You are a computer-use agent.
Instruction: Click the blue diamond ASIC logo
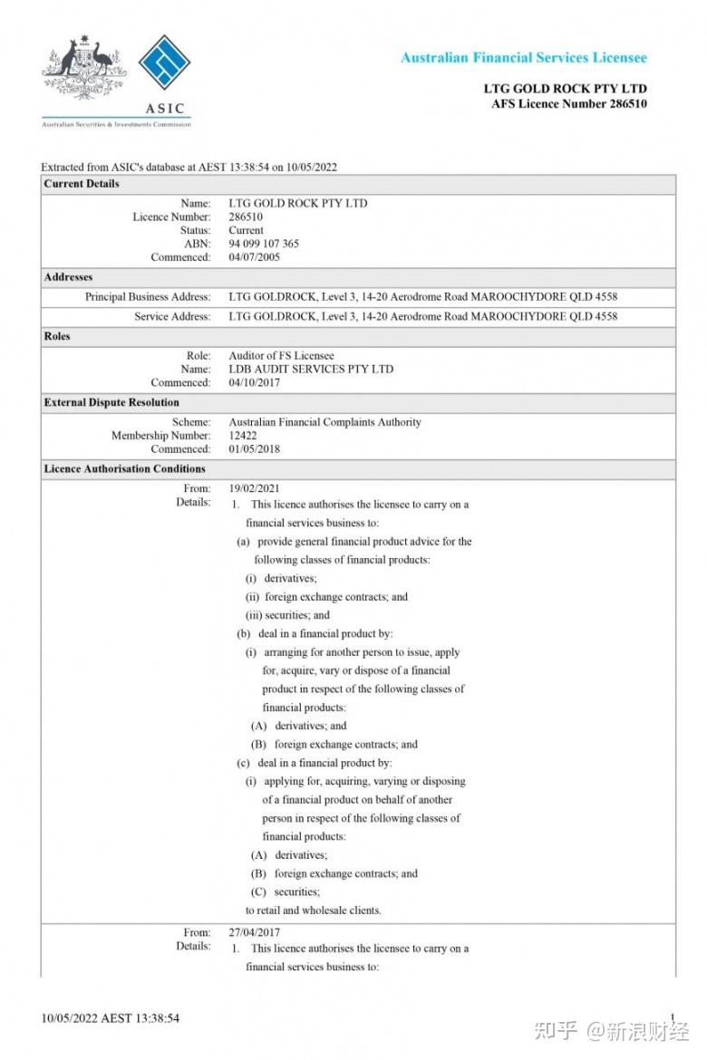[x=164, y=67]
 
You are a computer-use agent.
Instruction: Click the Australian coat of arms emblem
[x=84, y=67]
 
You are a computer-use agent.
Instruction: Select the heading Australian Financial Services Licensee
[x=524, y=57]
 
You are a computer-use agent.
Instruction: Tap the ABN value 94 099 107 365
[x=264, y=244]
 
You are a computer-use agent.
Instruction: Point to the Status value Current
[x=247, y=230]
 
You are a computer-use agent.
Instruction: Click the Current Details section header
[x=82, y=184]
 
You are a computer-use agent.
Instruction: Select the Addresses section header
[x=68, y=277]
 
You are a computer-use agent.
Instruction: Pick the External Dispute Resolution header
[x=111, y=402]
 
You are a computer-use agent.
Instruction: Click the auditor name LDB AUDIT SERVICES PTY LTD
[x=311, y=369]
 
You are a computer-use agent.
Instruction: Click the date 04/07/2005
[x=255, y=257]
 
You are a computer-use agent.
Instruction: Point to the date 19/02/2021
[x=255, y=488]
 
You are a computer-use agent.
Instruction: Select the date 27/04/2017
[x=255, y=932]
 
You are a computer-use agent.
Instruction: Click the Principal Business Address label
[x=148, y=297]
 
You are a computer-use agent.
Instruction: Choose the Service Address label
[x=172, y=317]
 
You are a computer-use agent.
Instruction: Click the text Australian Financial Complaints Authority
[x=324, y=422]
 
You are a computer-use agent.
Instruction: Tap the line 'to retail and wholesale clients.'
[x=314, y=911]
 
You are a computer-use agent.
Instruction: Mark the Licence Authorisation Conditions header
[x=124, y=469]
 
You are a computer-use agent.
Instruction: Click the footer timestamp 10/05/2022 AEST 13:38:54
[x=110, y=1018]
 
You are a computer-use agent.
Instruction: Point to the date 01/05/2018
[x=255, y=448]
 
